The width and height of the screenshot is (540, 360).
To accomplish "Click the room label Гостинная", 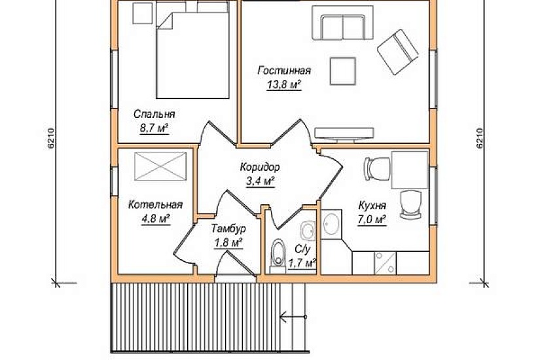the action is coord(284,71).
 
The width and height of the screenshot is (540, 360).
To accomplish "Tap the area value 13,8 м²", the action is coord(284,84).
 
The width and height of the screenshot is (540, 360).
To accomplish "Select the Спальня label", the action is coord(154,114).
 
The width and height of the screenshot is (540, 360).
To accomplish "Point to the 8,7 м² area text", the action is coord(154,128).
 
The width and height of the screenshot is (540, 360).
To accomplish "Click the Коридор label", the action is coord(260,168).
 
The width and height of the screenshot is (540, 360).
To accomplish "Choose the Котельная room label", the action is coord(155,205).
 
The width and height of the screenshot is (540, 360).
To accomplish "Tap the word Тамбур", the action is coord(228,228).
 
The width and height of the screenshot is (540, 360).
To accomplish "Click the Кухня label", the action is coord(372,206).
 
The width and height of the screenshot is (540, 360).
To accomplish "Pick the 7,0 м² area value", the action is coord(372,220).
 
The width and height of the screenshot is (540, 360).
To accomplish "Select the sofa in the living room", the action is coord(343,22).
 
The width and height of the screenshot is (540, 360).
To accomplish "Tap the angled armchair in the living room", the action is coord(397,52).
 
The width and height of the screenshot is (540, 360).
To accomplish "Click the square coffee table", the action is coord(343,71).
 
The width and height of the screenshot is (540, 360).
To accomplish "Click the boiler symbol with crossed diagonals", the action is coord(160,166).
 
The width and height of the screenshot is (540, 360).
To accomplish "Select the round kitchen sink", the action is coord(331,224).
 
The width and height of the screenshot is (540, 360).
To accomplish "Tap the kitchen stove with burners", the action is coord(386,263).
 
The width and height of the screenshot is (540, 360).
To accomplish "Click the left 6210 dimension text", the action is coord(51,139).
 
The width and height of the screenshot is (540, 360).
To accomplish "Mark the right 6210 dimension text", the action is coord(480,139).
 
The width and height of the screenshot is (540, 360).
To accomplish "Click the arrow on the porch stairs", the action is coord(293,317).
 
